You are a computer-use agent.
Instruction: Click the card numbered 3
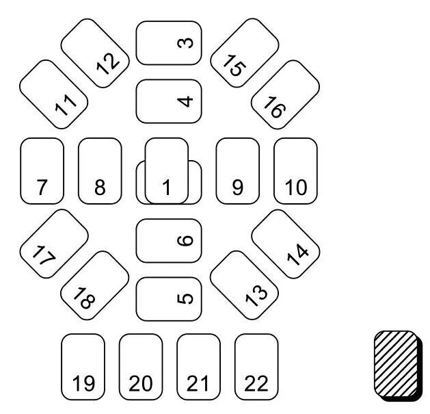point(169,43)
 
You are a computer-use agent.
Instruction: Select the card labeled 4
point(169,101)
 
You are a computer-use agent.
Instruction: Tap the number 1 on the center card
point(166,187)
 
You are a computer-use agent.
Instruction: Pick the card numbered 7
point(42,170)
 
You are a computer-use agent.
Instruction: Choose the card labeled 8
point(100,170)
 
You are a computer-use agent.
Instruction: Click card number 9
point(237,170)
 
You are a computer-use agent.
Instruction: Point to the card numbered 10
point(295,170)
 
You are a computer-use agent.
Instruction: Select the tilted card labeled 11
point(54,94)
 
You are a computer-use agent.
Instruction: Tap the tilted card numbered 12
point(95,53)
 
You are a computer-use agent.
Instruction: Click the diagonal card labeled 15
point(244,53)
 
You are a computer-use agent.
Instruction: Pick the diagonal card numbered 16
point(285,94)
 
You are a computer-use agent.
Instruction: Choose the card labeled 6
point(169,240)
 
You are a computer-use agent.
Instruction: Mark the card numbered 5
point(169,298)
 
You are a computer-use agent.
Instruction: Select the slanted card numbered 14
point(286,244)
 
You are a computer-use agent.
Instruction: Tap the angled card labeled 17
point(54,244)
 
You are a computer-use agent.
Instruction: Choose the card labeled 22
point(256,367)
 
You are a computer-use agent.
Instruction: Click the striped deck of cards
point(397,364)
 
